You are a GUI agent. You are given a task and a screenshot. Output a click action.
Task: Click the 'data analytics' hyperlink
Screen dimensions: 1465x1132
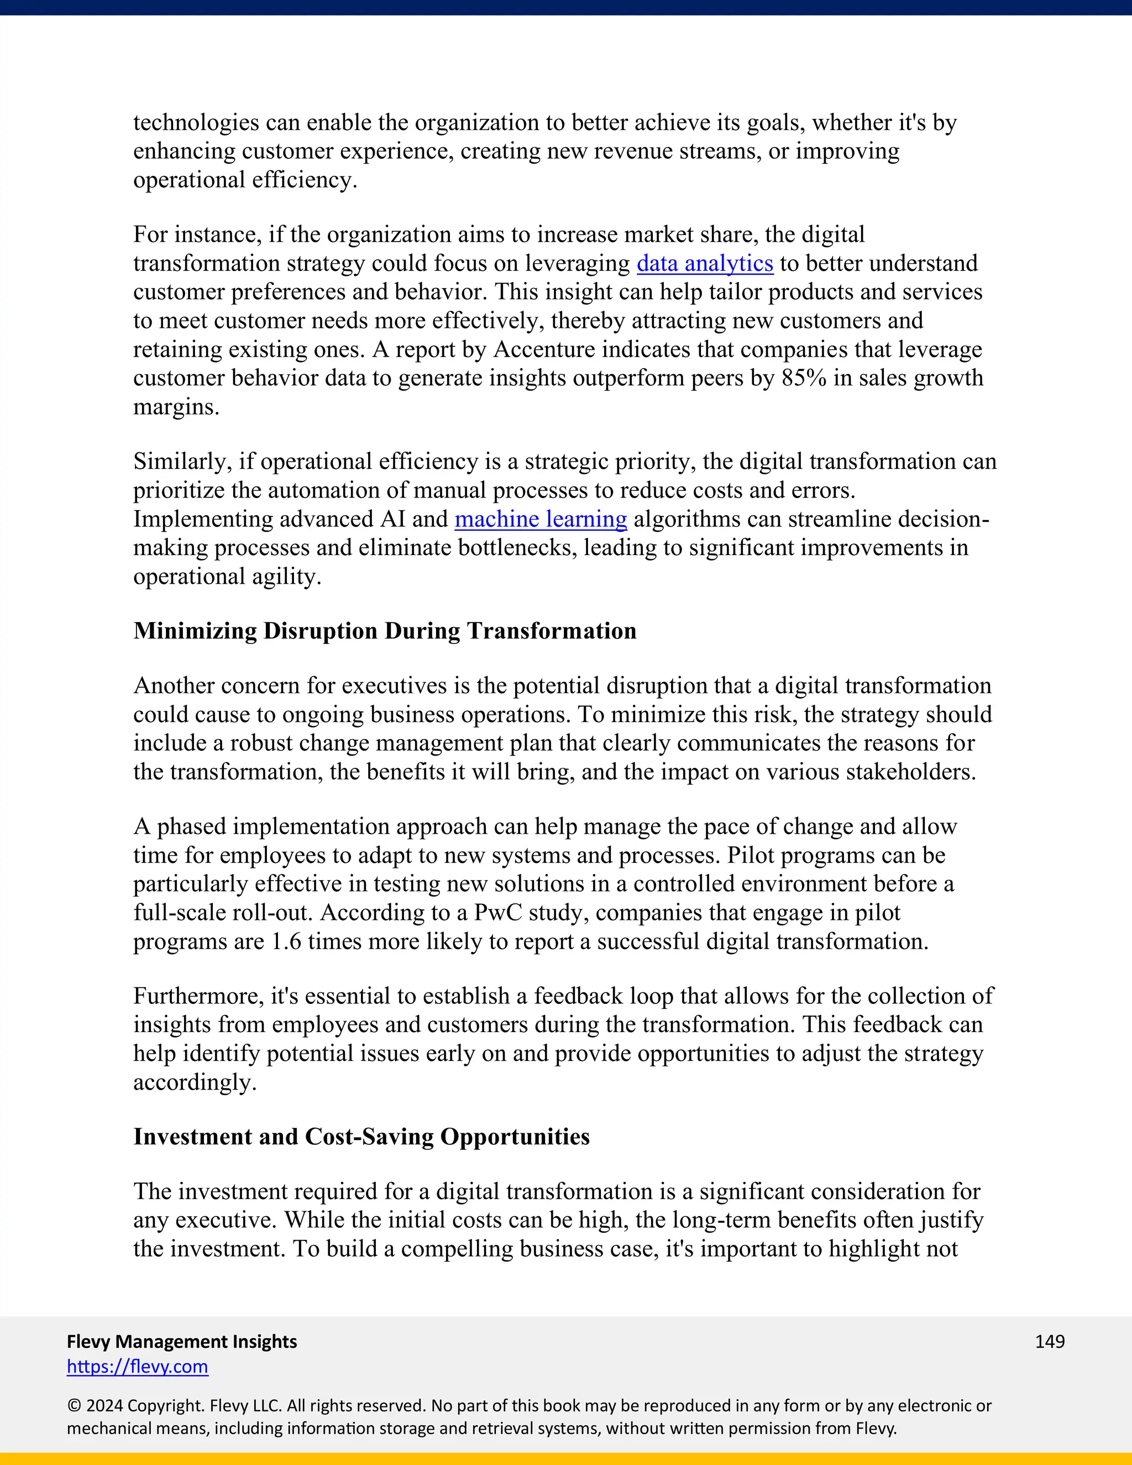pyautogui.click(x=705, y=263)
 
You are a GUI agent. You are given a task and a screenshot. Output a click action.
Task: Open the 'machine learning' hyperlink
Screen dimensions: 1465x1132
pyautogui.click(x=541, y=519)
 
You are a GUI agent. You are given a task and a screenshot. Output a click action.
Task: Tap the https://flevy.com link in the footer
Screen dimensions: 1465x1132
pyautogui.click(x=138, y=1367)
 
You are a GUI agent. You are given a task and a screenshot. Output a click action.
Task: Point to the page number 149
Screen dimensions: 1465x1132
pyautogui.click(x=1050, y=1341)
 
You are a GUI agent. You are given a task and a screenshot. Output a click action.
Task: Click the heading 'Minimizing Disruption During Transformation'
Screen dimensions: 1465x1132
pyautogui.click(x=385, y=631)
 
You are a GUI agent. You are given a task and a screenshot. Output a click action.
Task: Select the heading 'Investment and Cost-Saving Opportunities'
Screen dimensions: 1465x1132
pyautogui.click(x=361, y=1137)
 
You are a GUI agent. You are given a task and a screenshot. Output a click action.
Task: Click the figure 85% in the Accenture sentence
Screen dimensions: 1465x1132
pyautogui.click(x=803, y=378)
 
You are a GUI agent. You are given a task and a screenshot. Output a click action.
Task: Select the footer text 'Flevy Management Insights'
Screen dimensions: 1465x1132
pyautogui.click(x=182, y=1341)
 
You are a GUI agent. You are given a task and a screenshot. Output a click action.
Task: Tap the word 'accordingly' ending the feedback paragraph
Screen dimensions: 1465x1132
pyautogui.click(x=195, y=1082)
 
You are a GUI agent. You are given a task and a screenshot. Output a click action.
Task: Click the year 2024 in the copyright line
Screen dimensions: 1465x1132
pyautogui.click(x=104, y=1406)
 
